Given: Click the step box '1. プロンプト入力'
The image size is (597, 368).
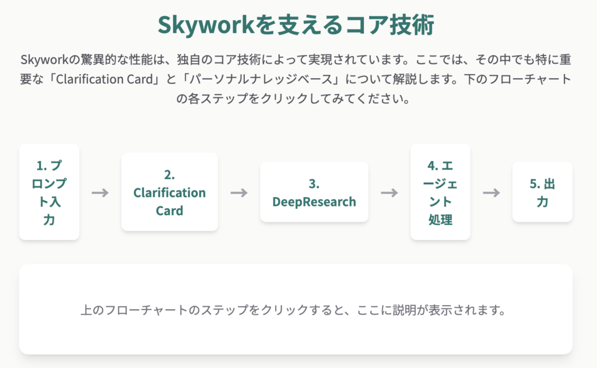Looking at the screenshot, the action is (x=49, y=192).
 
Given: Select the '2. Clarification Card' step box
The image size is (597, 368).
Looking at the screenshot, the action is (x=170, y=192).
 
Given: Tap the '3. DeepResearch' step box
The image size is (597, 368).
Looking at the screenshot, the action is (x=314, y=192).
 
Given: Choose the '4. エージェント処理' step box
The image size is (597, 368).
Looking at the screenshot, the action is (x=440, y=192).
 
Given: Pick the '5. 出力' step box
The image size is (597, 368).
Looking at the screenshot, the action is (x=542, y=192).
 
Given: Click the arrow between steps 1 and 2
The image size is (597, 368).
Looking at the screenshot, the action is (x=100, y=193).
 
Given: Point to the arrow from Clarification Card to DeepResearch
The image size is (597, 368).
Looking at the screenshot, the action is (x=239, y=193).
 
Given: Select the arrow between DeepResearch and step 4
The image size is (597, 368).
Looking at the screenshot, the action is (x=389, y=193).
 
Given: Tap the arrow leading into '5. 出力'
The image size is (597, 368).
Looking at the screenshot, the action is (x=491, y=193).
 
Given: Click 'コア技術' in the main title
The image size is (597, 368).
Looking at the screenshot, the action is (x=389, y=25).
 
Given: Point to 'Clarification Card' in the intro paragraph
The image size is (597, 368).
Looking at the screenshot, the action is (x=104, y=79).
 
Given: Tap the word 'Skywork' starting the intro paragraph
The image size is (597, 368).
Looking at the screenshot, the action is (x=44, y=60).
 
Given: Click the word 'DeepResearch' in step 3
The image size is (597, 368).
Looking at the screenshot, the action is (x=314, y=202).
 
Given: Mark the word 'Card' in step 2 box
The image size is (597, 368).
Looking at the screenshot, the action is (x=170, y=211).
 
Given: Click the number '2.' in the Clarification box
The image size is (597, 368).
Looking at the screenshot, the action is (x=170, y=175).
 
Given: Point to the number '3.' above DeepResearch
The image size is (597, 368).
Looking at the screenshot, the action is (x=314, y=184).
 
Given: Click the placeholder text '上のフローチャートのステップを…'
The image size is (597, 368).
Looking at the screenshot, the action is (x=293, y=310).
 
